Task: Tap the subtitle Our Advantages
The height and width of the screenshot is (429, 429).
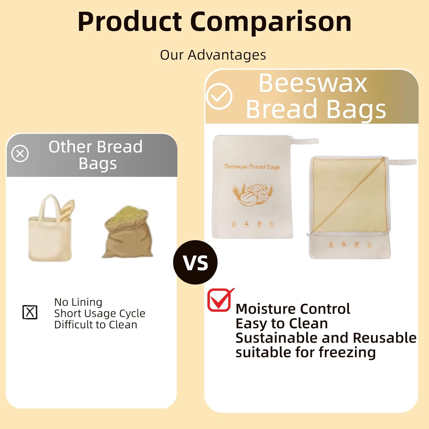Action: pos(213,55)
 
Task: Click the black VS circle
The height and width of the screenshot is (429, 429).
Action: pos(195,262)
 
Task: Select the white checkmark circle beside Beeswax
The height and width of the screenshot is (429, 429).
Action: pos(219,96)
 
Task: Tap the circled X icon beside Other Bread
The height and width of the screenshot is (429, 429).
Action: pos(20,154)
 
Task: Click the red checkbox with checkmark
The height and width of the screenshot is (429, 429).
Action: pos(219,300)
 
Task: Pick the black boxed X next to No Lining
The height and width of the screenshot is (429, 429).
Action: pos(30,312)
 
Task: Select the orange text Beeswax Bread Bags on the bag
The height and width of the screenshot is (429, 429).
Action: pos(252,166)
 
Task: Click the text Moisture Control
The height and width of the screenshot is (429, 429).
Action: pos(293,309)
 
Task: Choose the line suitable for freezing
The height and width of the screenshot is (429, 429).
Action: pos(305,352)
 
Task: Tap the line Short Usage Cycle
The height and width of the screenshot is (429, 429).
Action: pos(100,313)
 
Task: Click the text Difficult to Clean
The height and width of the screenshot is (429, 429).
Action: pos(96,325)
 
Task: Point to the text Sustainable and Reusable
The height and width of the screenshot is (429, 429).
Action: pos(326,338)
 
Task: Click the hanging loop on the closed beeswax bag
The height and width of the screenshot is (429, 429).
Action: pos(305,141)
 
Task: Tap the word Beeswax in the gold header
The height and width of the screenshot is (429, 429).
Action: pos(313,83)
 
